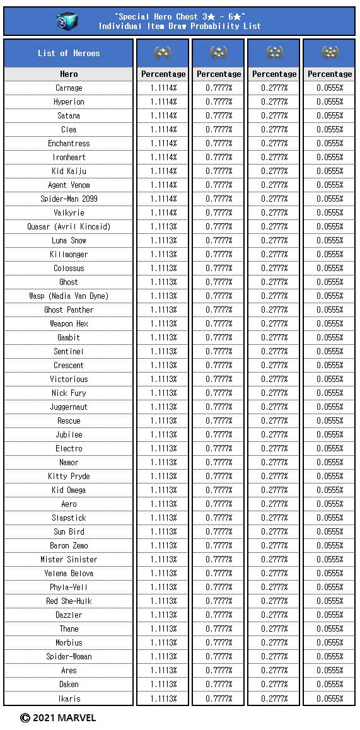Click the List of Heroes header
[69, 54]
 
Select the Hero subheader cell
[69, 74]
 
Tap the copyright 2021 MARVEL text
[58, 717]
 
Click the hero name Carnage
[69, 88]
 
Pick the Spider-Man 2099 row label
[69, 199]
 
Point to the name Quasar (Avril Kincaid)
[69, 227]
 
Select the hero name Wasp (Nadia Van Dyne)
[69, 296]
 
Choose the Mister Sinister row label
[69, 560]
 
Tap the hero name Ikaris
[69, 698]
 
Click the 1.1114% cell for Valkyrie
[163, 213]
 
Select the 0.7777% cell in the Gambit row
[219, 338]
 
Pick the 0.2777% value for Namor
[274, 463]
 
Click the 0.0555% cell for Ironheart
[330, 158]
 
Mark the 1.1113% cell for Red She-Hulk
[163, 601]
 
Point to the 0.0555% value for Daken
[330, 685]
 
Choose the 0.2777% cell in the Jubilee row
[274, 435]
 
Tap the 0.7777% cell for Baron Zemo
[219, 546]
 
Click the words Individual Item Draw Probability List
[180, 26]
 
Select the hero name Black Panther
[69, 310]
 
